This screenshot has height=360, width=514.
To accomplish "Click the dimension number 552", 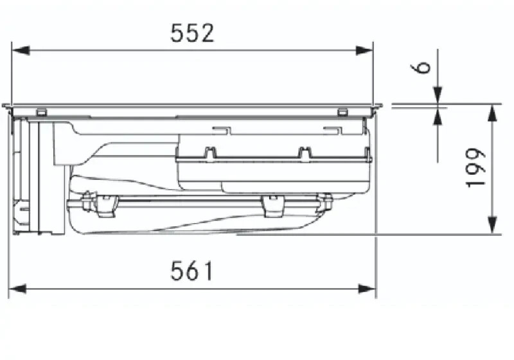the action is tap(192, 33).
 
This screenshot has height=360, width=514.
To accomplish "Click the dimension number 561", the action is tap(192, 271).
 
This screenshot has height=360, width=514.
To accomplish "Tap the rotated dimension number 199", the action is tap(475, 168).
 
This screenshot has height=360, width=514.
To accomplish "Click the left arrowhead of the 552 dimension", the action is tap(21, 51).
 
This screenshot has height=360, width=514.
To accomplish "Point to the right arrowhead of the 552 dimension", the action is tap(364, 51).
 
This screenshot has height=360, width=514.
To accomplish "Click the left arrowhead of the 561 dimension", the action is tap(17, 289).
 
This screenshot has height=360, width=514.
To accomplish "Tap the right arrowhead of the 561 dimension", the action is tap(367, 289).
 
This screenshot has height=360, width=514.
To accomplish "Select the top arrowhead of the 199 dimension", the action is tap(492, 113).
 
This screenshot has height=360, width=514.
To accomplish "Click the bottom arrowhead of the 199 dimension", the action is tap(492, 225).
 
